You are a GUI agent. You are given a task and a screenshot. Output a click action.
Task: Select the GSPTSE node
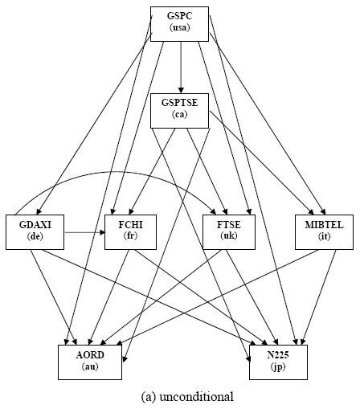pos(180,109)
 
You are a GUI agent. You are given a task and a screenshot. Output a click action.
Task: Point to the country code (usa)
pos(180,29)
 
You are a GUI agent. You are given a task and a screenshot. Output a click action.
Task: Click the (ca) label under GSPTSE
pos(180,116)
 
